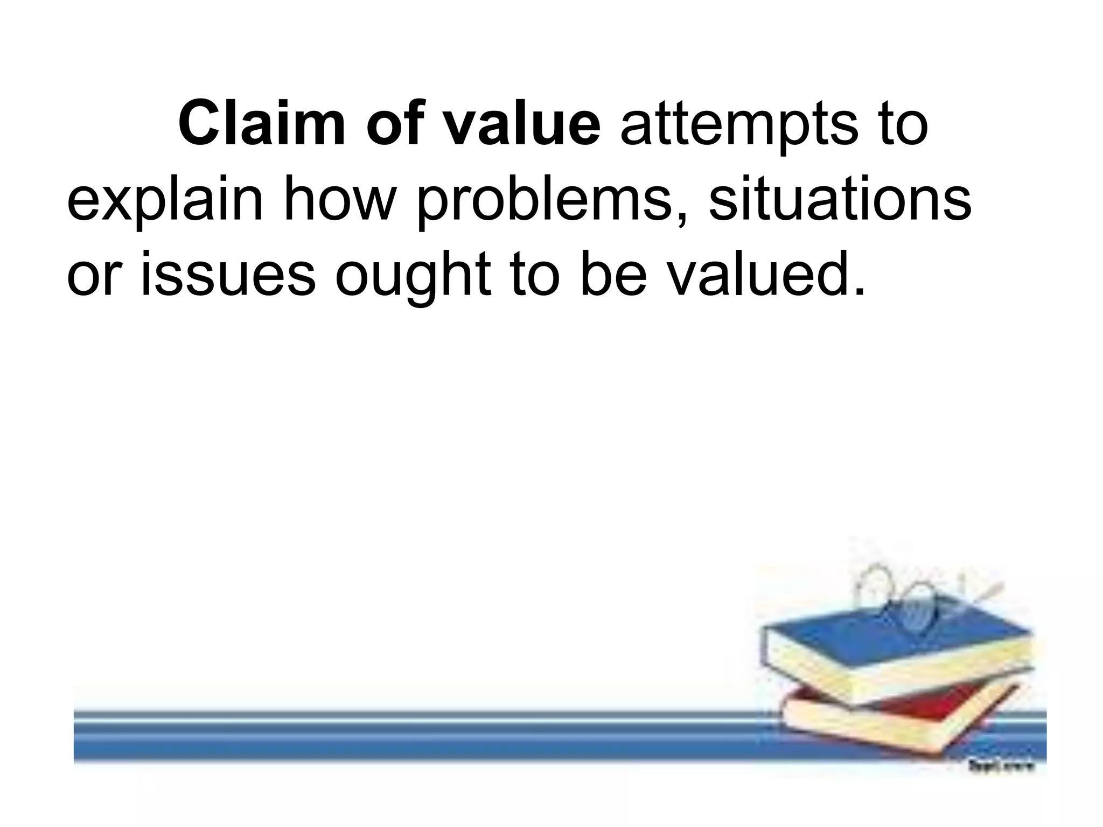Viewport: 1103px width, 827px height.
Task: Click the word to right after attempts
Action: (900, 127)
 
